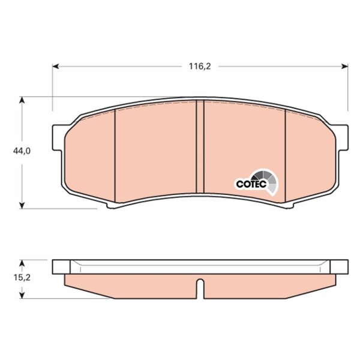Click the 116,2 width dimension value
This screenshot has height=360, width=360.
[200, 67]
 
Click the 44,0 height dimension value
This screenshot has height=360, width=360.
[22, 151]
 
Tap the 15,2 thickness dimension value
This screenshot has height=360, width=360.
[22, 277]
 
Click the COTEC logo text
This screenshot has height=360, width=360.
[251, 184]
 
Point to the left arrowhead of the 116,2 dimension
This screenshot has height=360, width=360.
[56, 67]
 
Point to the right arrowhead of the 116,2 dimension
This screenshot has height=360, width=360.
[344, 67]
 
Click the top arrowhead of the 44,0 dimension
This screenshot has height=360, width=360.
[22, 100]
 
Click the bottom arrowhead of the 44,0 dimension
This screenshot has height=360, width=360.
[22, 205]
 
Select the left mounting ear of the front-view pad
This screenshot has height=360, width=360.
[58, 138]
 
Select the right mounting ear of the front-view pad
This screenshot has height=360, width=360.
[343, 138]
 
